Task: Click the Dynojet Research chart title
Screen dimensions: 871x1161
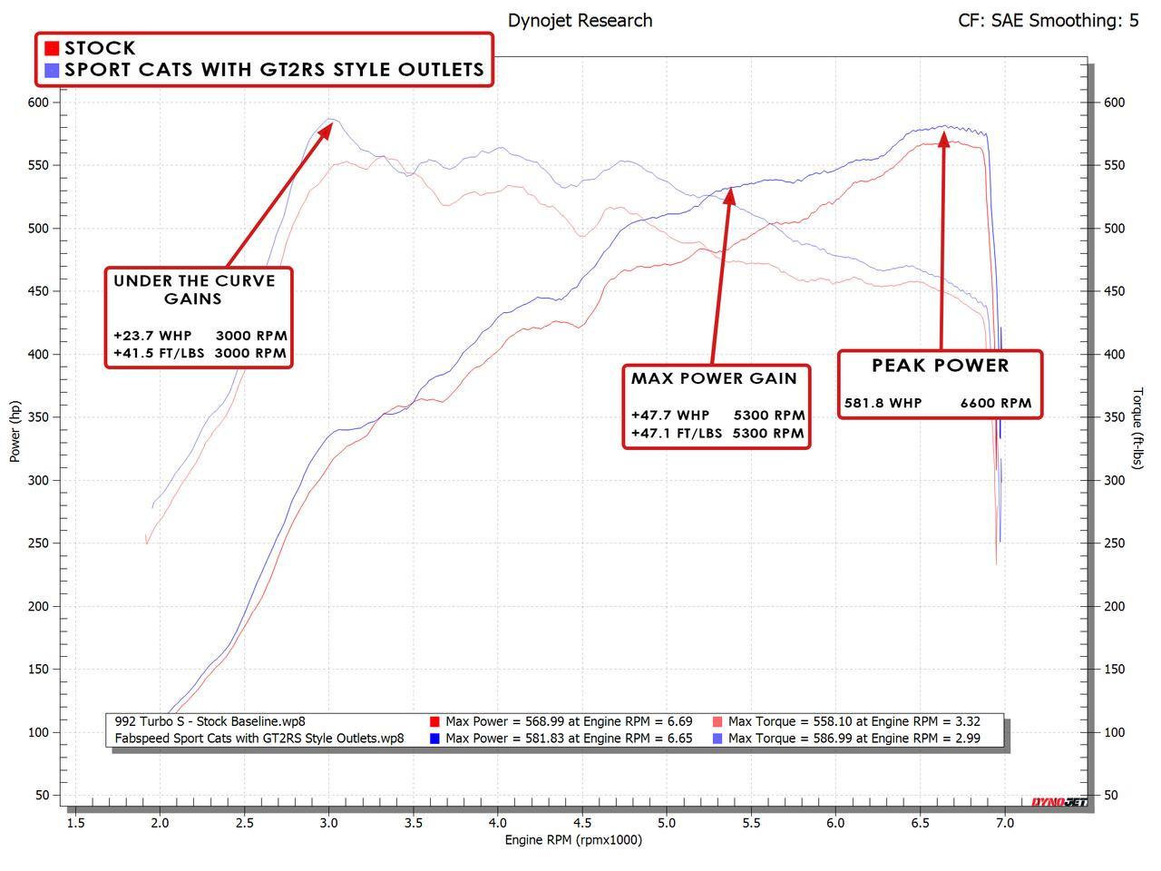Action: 580,20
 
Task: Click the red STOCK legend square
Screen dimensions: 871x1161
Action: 53,48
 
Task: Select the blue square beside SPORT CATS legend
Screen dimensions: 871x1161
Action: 53,70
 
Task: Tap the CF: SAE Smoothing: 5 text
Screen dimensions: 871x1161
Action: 1048,20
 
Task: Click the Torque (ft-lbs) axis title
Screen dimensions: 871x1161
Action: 1137,428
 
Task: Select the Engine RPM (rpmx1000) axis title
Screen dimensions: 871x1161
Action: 573,840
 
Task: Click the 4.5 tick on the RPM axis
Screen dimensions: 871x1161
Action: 582,823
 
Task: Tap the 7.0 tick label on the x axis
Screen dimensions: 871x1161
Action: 1004,823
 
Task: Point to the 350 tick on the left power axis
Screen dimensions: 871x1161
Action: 38,417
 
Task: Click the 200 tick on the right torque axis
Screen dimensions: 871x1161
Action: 1114,606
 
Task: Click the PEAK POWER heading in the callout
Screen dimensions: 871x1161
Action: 940,366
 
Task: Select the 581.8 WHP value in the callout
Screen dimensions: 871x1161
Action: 883,403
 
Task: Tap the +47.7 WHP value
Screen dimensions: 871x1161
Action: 670,416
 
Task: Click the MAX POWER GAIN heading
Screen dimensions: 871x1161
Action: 714,378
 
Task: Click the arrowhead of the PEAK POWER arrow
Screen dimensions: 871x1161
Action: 944,139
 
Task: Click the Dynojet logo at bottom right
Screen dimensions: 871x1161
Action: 1059,802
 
